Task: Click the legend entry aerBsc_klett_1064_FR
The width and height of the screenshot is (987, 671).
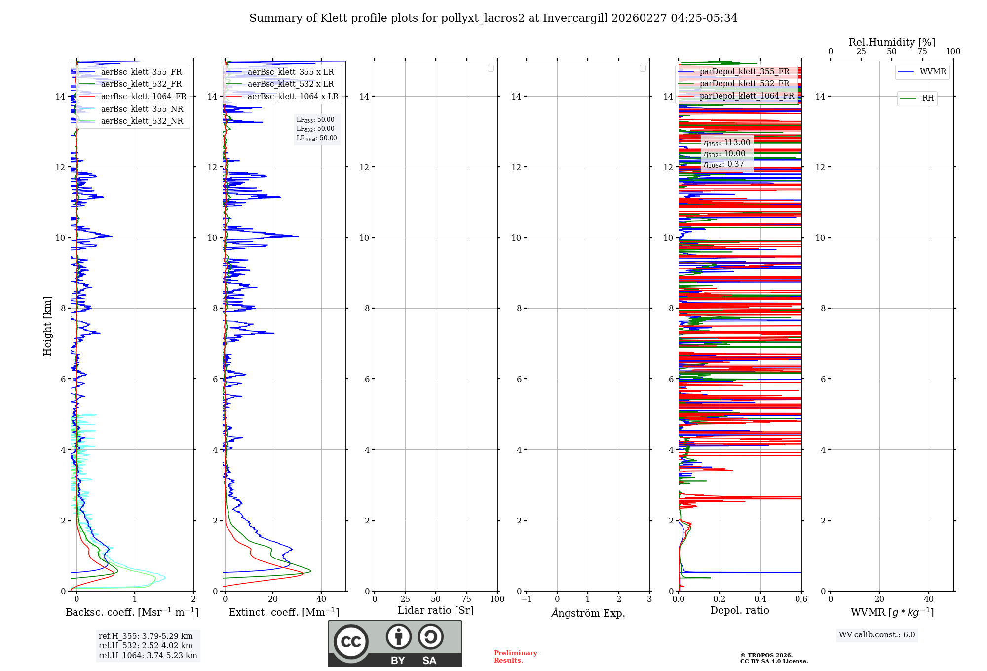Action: pyautogui.click(x=144, y=97)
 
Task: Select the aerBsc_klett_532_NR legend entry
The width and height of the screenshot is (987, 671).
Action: pyautogui.click(x=142, y=121)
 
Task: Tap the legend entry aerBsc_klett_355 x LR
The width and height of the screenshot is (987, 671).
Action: pyautogui.click(x=290, y=72)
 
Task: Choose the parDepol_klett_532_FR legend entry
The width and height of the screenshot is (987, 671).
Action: pyautogui.click(x=744, y=84)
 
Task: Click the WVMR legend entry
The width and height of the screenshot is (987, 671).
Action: pyautogui.click(x=932, y=72)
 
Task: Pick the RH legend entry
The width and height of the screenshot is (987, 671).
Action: pyautogui.click(x=927, y=98)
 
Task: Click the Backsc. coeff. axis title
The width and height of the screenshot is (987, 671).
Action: pyautogui.click(x=132, y=612)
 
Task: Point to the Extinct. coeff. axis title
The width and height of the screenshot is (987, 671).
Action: pyautogui.click(x=284, y=612)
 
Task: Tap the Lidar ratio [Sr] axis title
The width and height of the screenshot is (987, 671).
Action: pyautogui.click(x=436, y=611)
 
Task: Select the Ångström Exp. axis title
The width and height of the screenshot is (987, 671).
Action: pyautogui.click(x=588, y=613)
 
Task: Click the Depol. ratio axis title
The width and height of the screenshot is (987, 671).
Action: pyautogui.click(x=739, y=611)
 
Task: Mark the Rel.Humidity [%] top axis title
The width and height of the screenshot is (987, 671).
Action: pyautogui.click(x=892, y=42)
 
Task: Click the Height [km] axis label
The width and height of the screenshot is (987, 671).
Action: pyautogui.click(x=47, y=326)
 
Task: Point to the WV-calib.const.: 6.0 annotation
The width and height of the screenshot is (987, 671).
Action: pyautogui.click(x=877, y=635)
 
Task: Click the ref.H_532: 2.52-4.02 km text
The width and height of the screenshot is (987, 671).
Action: pyautogui.click(x=146, y=646)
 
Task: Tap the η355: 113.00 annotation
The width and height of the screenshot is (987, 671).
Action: pyautogui.click(x=727, y=143)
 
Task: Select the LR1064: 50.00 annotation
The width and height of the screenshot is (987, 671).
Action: pyautogui.click(x=316, y=138)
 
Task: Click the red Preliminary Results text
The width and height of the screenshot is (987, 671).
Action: pyautogui.click(x=515, y=657)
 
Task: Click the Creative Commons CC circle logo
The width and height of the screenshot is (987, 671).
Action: pyautogui.click(x=351, y=642)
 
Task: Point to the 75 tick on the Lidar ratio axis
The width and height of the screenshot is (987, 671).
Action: pyautogui.click(x=466, y=599)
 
